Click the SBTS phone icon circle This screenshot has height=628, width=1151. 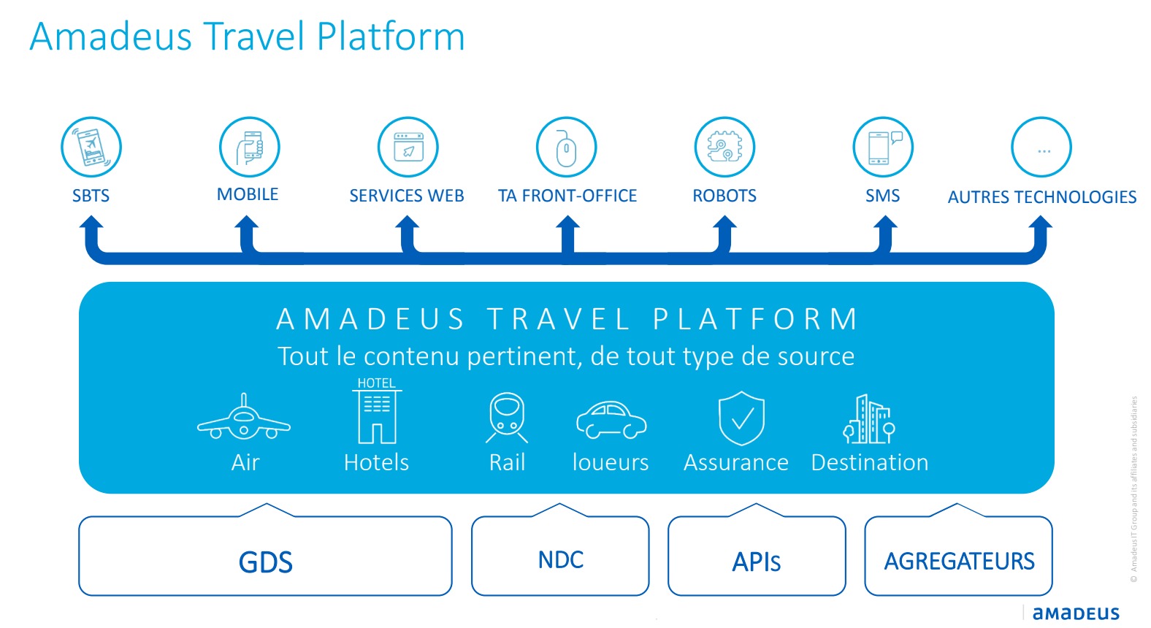[91, 147]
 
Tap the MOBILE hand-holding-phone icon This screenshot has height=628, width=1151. [250, 147]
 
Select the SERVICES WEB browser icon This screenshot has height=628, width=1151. [408, 147]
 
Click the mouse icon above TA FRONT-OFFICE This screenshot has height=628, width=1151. [566, 147]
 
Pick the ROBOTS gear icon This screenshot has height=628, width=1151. [724, 147]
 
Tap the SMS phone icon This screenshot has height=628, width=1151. [883, 147]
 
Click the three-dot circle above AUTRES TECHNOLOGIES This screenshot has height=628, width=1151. [1041, 147]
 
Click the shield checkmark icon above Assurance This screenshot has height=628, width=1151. [741, 418]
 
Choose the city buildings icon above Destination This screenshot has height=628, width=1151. [869, 419]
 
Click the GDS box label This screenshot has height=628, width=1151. [266, 562]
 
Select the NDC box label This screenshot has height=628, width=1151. [561, 560]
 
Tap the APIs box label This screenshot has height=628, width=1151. [757, 562]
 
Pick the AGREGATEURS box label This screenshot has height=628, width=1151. [959, 561]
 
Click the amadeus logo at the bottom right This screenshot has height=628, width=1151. [1076, 613]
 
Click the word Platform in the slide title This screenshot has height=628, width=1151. [391, 37]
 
